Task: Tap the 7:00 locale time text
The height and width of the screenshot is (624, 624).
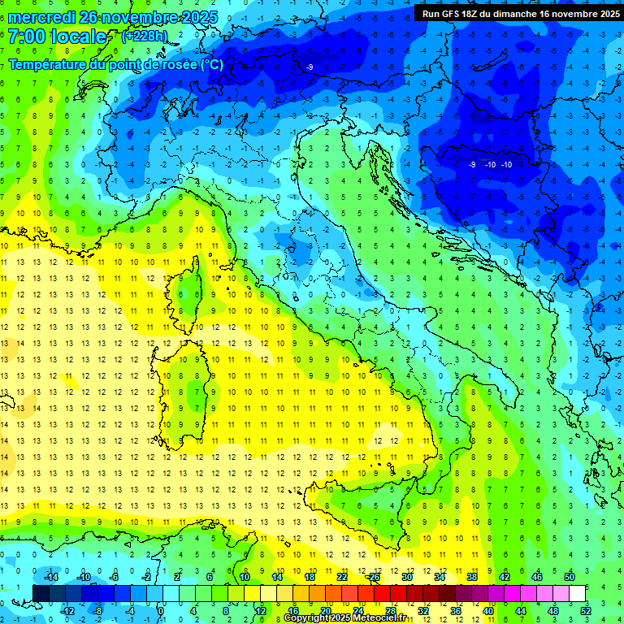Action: [57, 37]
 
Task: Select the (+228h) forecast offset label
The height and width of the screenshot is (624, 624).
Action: [145, 36]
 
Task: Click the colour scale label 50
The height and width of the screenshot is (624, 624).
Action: [570, 577]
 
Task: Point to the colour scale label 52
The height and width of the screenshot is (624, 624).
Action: [585, 610]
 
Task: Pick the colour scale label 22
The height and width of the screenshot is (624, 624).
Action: [342, 577]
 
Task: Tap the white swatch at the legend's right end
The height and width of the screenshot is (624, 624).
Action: [577, 593]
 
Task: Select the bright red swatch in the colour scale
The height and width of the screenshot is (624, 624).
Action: [382, 593]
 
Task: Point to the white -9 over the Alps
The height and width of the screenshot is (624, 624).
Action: [310, 67]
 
